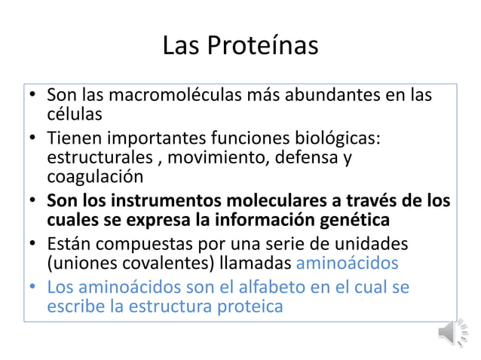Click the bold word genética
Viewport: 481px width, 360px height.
pyautogui.click(x=354, y=220)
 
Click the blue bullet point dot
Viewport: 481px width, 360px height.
pyautogui.click(x=32, y=288)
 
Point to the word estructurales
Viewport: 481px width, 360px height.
pyautogui.click(x=102, y=159)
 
